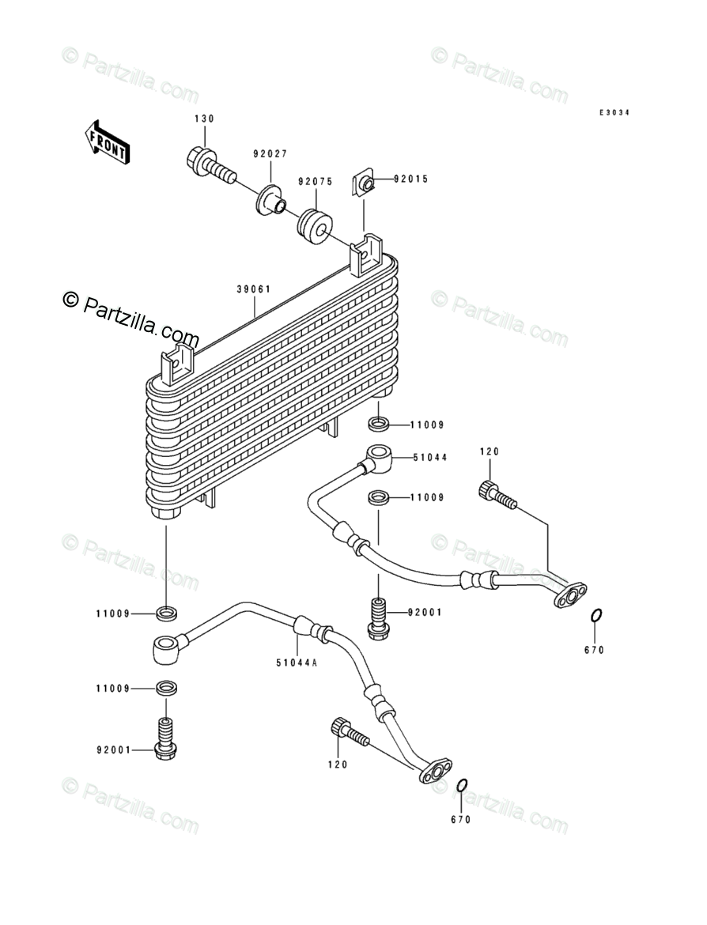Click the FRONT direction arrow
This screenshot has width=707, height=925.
click(107, 142)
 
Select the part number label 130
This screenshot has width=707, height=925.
click(204, 119)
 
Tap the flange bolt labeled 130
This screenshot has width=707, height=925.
click(210, 166)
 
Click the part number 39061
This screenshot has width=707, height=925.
click(254, 289)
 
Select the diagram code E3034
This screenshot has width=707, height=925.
click(614, 112)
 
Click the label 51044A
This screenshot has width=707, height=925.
click(297, 663)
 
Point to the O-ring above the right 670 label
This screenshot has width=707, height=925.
click(596, 615)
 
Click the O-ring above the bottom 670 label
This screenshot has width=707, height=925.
click(463, 786)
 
